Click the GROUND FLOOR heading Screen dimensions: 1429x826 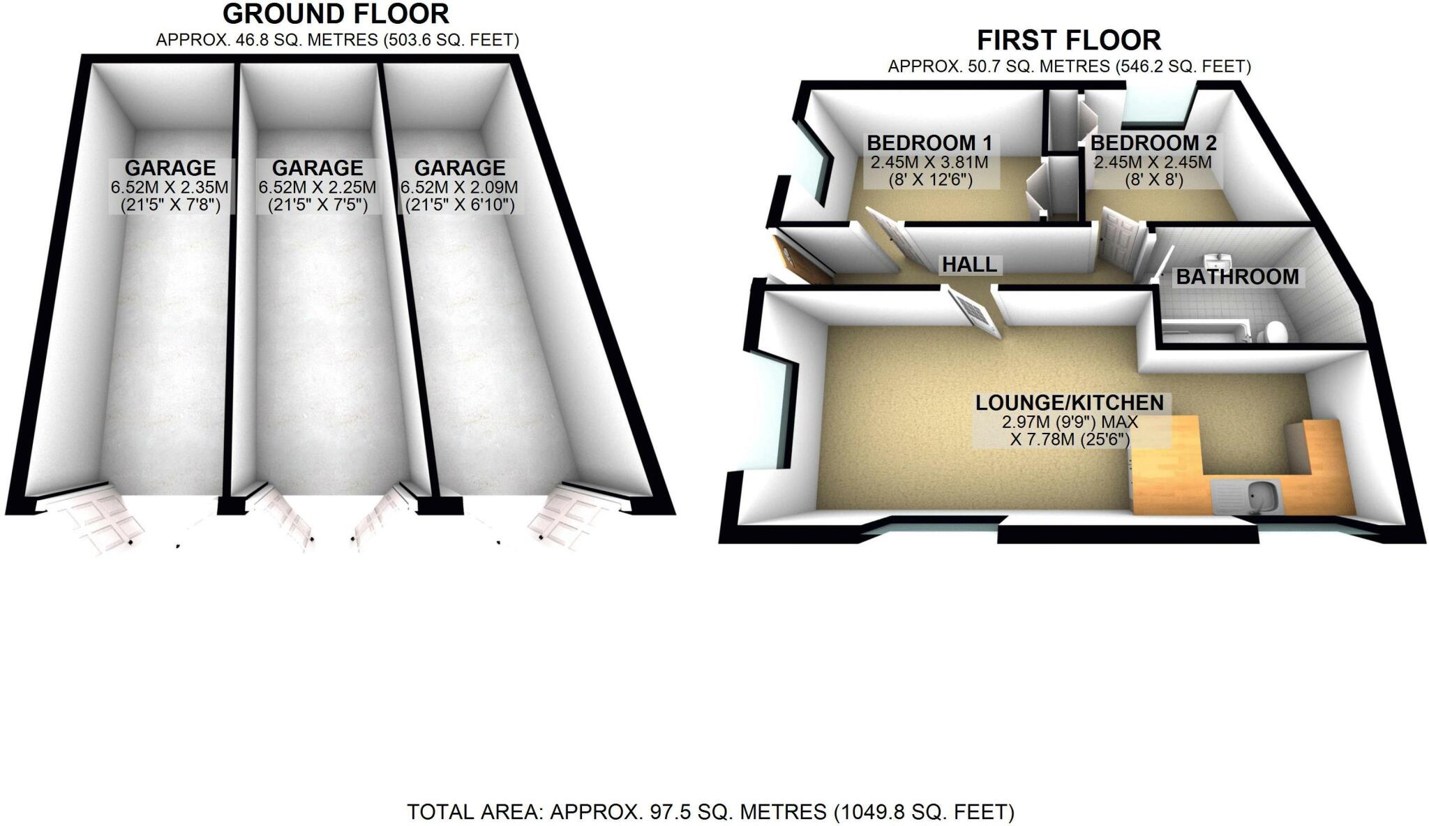click(x=336, y=14)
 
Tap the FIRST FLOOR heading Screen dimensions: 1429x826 click(x=1068, y=40)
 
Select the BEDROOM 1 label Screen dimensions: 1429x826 click(x=929, y=143)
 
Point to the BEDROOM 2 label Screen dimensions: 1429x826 click(x=1153, y=143)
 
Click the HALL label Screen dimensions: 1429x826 click(x=969, y=265)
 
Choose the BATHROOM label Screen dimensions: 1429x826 click(x=1237, y=276)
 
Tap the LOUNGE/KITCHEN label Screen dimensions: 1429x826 click(x=1069, y=403)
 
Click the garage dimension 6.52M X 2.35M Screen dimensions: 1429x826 click(x=170, y=188)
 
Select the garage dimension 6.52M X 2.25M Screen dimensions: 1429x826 click(x=317, y=188)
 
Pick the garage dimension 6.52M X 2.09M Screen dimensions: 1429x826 click(x=460, y=188)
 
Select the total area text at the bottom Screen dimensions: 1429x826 click(x=710, y=812)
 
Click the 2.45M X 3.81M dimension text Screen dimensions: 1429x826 click(x=929, y=163)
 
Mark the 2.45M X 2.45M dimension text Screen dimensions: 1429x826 click(x=1153, y=163)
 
